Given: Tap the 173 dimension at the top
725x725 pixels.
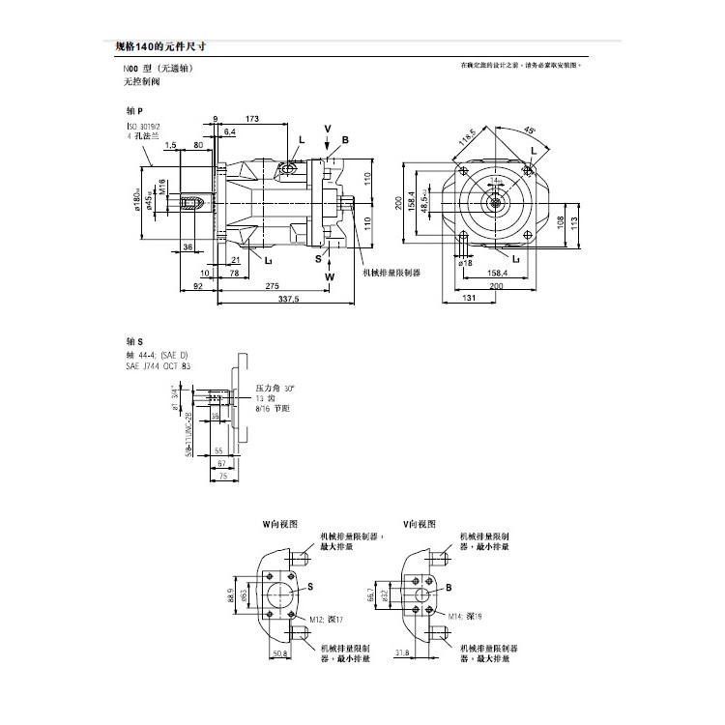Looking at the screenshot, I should pos(253,119).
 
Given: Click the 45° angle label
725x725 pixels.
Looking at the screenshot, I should pos(531,130).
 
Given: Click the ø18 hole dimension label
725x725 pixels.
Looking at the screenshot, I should pos(465,262).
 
